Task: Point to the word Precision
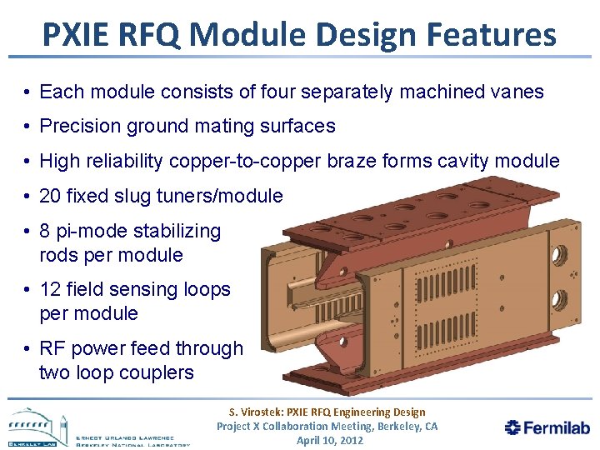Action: click(80, 127)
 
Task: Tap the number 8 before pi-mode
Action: click(45, 231)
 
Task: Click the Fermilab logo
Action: click(547, 427)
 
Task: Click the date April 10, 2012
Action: click(330, 440)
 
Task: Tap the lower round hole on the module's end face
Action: click(559, 297)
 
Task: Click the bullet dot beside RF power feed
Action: click(28, 349)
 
